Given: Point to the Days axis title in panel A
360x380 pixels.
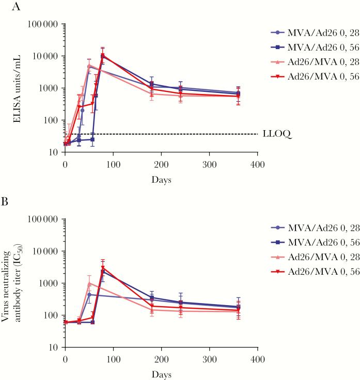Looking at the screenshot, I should (x=161, y=180).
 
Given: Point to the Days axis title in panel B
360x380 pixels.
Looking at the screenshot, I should (x=161, y=374).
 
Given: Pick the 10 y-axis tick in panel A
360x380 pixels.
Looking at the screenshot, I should (x=54, y=152).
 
